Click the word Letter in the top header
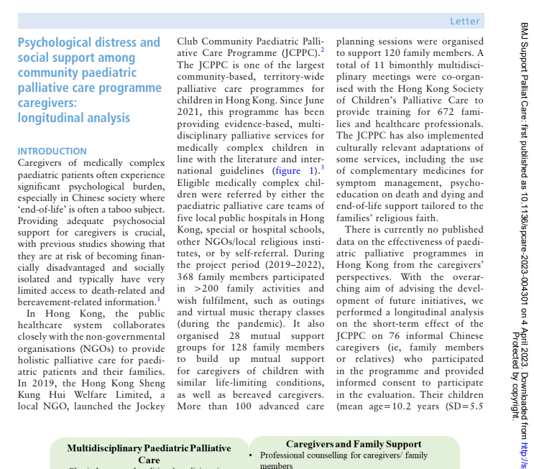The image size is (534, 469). click(x=464, y=22)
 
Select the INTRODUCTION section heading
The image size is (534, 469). click(x=52, y=152)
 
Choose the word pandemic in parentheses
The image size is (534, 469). click(x=244, y=324)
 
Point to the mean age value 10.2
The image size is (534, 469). click(x=415, y=407)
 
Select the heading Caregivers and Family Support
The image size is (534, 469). click(x=354, y=445)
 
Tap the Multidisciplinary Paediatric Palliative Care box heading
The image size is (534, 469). click(x=149, y=453)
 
